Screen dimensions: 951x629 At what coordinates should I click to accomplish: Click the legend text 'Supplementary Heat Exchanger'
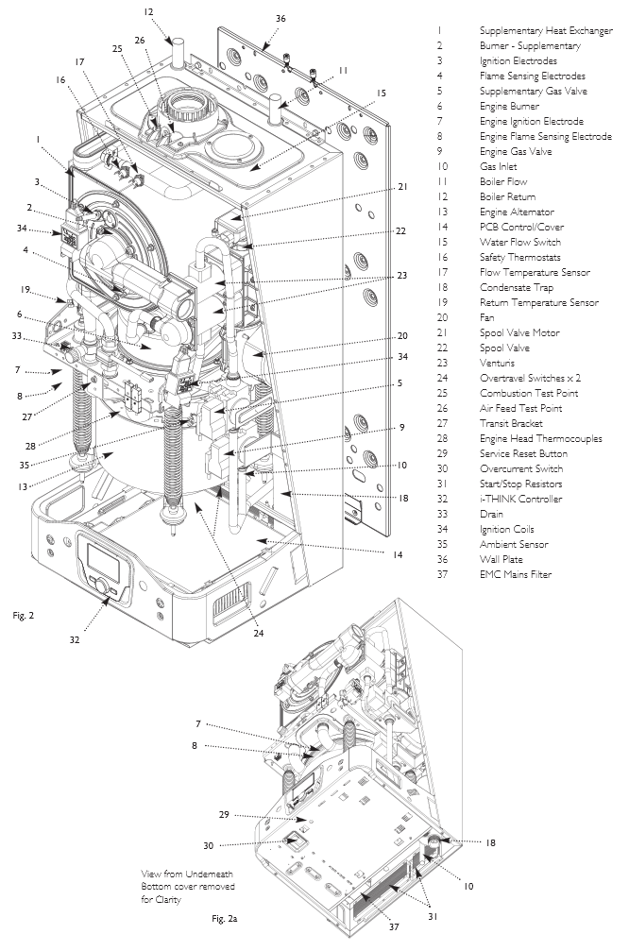click(545, 30)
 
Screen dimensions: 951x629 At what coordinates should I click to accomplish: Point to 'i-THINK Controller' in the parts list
click(520, 499)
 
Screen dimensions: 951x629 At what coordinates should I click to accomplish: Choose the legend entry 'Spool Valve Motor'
click(519, 332)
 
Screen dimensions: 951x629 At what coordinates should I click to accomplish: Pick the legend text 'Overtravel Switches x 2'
click(532, 378)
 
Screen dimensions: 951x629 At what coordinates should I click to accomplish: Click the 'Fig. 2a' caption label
click(225, 918)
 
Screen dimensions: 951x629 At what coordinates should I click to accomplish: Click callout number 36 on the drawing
click(280, 18)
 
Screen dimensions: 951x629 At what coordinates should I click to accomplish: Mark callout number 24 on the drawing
click(258, 634)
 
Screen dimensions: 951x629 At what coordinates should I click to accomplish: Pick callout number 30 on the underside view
click(208, 844)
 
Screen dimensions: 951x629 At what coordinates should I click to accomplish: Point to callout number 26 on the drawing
click(140, 41)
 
